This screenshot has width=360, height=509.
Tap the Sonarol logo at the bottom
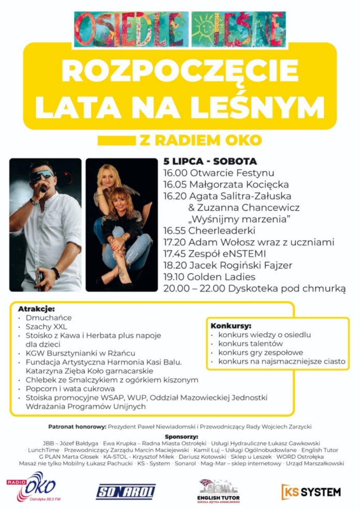pos(126,491)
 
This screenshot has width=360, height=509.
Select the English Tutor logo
pos(218,490)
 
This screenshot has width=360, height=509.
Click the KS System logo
pos(311,491)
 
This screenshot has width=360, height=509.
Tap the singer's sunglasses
pos(42,174)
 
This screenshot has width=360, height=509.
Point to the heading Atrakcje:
pos(36,309)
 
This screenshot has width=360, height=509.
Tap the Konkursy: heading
pos(231,326)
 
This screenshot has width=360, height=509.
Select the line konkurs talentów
pos(250,344)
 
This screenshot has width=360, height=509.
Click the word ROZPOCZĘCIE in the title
pos(179,71)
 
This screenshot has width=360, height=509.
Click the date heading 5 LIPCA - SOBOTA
pos(210,161)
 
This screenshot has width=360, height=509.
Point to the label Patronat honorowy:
pos(77,427)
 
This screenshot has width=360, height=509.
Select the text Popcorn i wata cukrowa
pos(70,389)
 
